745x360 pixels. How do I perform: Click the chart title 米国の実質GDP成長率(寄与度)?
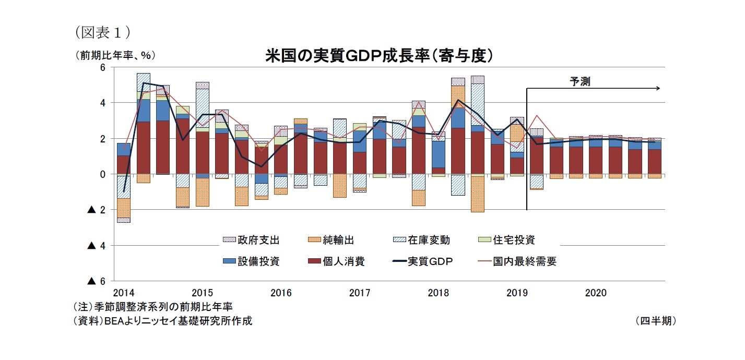[380, 56]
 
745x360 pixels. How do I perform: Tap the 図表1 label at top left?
[102, 32]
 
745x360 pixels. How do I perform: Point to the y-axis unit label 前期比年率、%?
[115, 55]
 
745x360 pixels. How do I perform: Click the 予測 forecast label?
[580, 81]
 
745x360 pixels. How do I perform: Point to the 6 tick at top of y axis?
[102, 67]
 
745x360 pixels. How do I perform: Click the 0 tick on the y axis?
[102, 174]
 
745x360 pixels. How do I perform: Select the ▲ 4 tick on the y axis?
[97, 245]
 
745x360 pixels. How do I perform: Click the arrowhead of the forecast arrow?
[658, 88]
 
